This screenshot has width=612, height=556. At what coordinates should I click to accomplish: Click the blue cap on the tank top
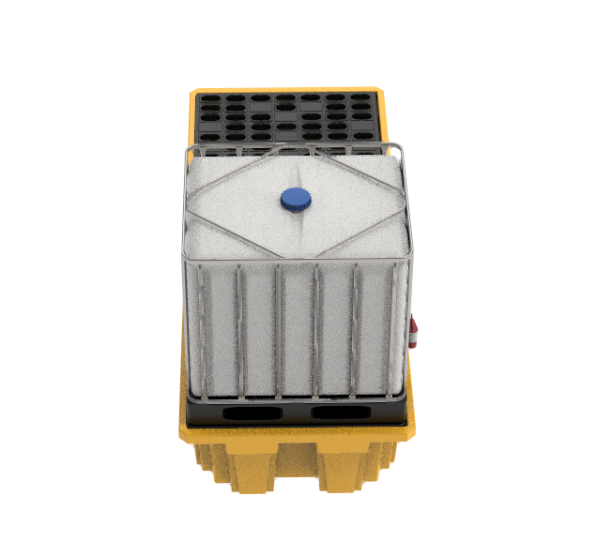point(296,198)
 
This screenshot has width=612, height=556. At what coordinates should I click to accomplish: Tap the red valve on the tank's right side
point(414,333)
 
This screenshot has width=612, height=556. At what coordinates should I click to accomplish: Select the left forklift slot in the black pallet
point(252,413)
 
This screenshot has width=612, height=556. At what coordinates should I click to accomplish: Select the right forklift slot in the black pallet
point(340,413)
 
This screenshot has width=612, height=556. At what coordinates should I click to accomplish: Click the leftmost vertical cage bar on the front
point(199,328)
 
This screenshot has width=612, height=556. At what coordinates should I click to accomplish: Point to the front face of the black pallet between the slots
point(296,413)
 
